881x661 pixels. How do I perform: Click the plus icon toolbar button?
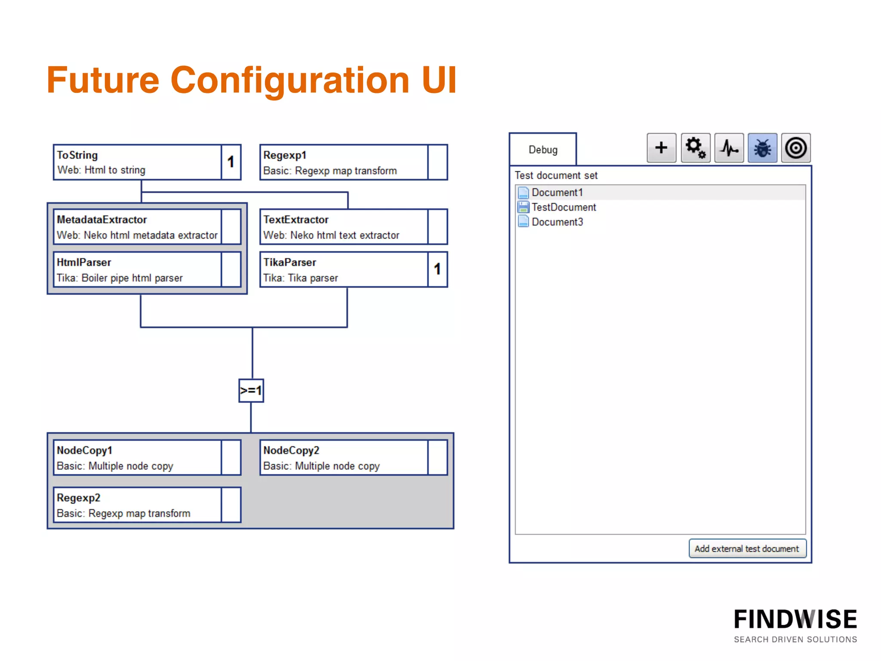coord(661,148)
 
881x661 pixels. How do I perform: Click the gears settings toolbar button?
coord(695,148)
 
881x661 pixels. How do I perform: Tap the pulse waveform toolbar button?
coord(729,148)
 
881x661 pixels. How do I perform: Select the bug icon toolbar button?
coord(762,148)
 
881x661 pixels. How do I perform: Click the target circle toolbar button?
coord(796,148)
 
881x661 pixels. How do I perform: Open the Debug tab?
coord(543,150)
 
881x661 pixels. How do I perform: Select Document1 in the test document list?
coord(557,192)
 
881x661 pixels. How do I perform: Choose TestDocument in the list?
coord(564,207)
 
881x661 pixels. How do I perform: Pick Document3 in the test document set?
coord(557,222)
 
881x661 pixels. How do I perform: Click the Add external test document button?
coord(747,549)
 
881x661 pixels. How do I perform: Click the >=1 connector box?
coord(251,391)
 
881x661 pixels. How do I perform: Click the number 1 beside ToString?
coord(231,162)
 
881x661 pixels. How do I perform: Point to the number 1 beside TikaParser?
coord(437,269)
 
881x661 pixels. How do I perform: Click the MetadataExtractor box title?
coord(102,220)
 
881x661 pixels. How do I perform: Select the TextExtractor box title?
coord(296,220)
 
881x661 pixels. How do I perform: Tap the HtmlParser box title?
coord(84,263)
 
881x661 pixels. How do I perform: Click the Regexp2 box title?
coord(79,498)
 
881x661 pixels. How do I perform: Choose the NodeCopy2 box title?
coord(291,451)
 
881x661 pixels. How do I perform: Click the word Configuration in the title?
coord(290,80)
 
